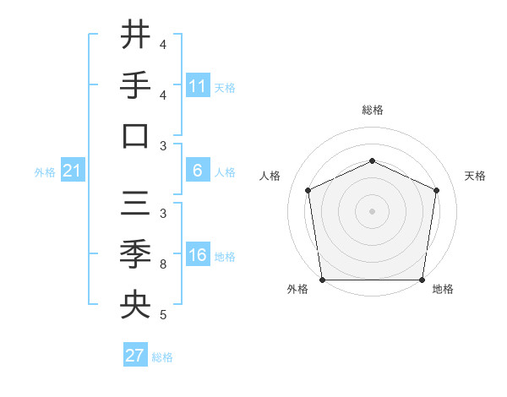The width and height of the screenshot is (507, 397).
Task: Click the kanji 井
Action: coord(135,36)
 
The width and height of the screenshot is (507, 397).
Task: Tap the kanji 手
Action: coord(135,86)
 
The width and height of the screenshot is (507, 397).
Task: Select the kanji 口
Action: coord(135,136)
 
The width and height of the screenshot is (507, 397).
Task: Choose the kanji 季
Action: coord(135,254)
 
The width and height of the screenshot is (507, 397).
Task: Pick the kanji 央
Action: coord(135,305)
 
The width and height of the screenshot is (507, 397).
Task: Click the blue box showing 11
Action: coord(198,86)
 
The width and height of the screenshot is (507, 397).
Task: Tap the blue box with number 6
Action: coord(198,171)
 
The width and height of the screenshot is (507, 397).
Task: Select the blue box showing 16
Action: coord(198,255)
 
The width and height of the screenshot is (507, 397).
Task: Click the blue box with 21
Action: coord(72,171)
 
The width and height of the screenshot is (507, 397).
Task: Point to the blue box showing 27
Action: coord(135,356)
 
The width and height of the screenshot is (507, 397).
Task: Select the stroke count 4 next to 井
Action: coord(163,44)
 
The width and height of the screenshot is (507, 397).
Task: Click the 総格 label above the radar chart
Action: coord(372,110)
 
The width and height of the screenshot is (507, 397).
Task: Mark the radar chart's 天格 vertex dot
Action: coord(437,190)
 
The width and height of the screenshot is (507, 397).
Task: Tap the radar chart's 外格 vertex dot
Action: coord(322,280)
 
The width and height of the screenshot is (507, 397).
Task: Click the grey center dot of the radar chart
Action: coord(372,211)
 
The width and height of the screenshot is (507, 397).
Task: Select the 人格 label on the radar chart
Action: coord(271,176)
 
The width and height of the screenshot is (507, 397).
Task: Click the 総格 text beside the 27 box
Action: coord(162,356)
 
